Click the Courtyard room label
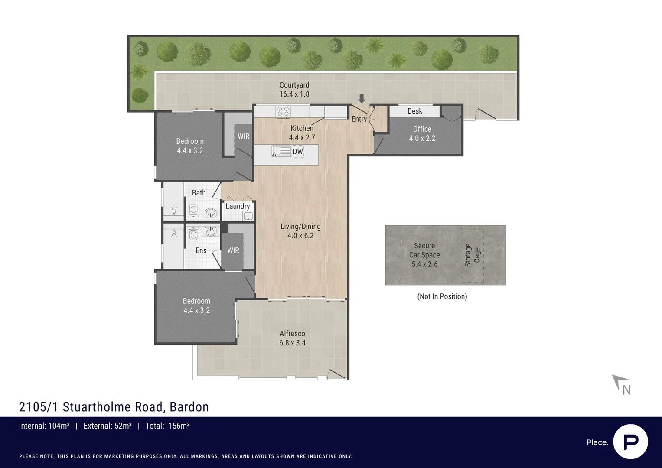[x=294, y=85]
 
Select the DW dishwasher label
[x=298, y=152]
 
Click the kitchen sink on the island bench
[x=281, y=151]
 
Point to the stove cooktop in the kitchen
[x=283, y=111]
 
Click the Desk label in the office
[x=414, y=111]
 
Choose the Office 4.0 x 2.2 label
[x=422, y=133]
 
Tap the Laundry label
[x=238, y=206]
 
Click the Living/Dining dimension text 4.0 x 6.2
[x=300, y=236]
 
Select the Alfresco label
[x=292, y=334]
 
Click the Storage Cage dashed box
[x=472, y=255]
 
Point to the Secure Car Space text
[x=424, y=250]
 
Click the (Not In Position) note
[x=442, y=296]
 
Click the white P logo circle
[x=630, y=442]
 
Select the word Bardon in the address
[x=189, y=407]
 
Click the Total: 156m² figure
[x=167, y=426]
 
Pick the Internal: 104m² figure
[x=44, y=426]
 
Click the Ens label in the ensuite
[x=201, y=250]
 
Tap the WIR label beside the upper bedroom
[x=244, y=136]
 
